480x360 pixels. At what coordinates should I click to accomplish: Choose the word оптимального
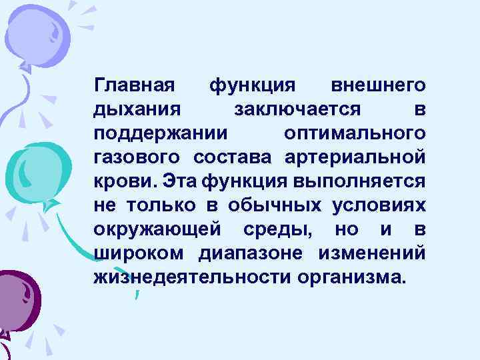tap(355, 133)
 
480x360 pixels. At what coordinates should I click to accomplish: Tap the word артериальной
tap(355, 157)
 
